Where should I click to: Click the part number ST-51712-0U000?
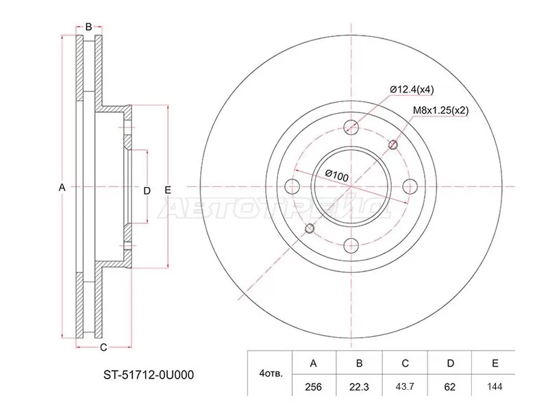point(148,375)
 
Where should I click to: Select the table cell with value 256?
point(314,387)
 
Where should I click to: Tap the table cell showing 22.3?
point(359,387)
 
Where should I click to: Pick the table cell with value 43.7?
point(404,387)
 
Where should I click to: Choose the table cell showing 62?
point(449,387)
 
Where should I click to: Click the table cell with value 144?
point(495,387)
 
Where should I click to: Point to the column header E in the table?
point(495,364)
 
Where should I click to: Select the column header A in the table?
point(314,364)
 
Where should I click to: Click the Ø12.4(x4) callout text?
point(413,90)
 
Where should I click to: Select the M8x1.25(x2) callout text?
point(440,110)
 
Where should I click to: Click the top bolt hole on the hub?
point(351,127)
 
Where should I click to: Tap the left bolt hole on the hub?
point(292,186)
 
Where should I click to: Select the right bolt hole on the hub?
point(410,186)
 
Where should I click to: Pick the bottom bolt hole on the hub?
point(351,245)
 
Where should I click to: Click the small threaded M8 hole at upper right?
point(393,145)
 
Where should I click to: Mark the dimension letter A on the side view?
point(62,187)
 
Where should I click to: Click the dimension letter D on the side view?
point(146,190)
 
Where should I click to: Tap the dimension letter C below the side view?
point(103,347)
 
